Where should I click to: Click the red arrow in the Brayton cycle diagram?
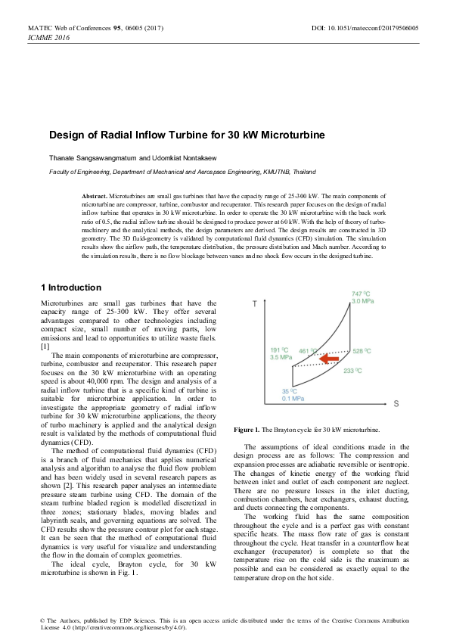[327, 356]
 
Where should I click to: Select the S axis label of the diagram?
[396, 405]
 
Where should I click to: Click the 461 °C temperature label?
[309, 351]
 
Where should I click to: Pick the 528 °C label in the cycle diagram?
[362, 352]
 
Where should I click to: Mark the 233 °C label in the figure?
[353, 371]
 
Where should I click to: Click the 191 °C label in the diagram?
[279, 350]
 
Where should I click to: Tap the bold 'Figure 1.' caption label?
[247, 429]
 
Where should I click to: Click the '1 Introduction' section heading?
[81, 287]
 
